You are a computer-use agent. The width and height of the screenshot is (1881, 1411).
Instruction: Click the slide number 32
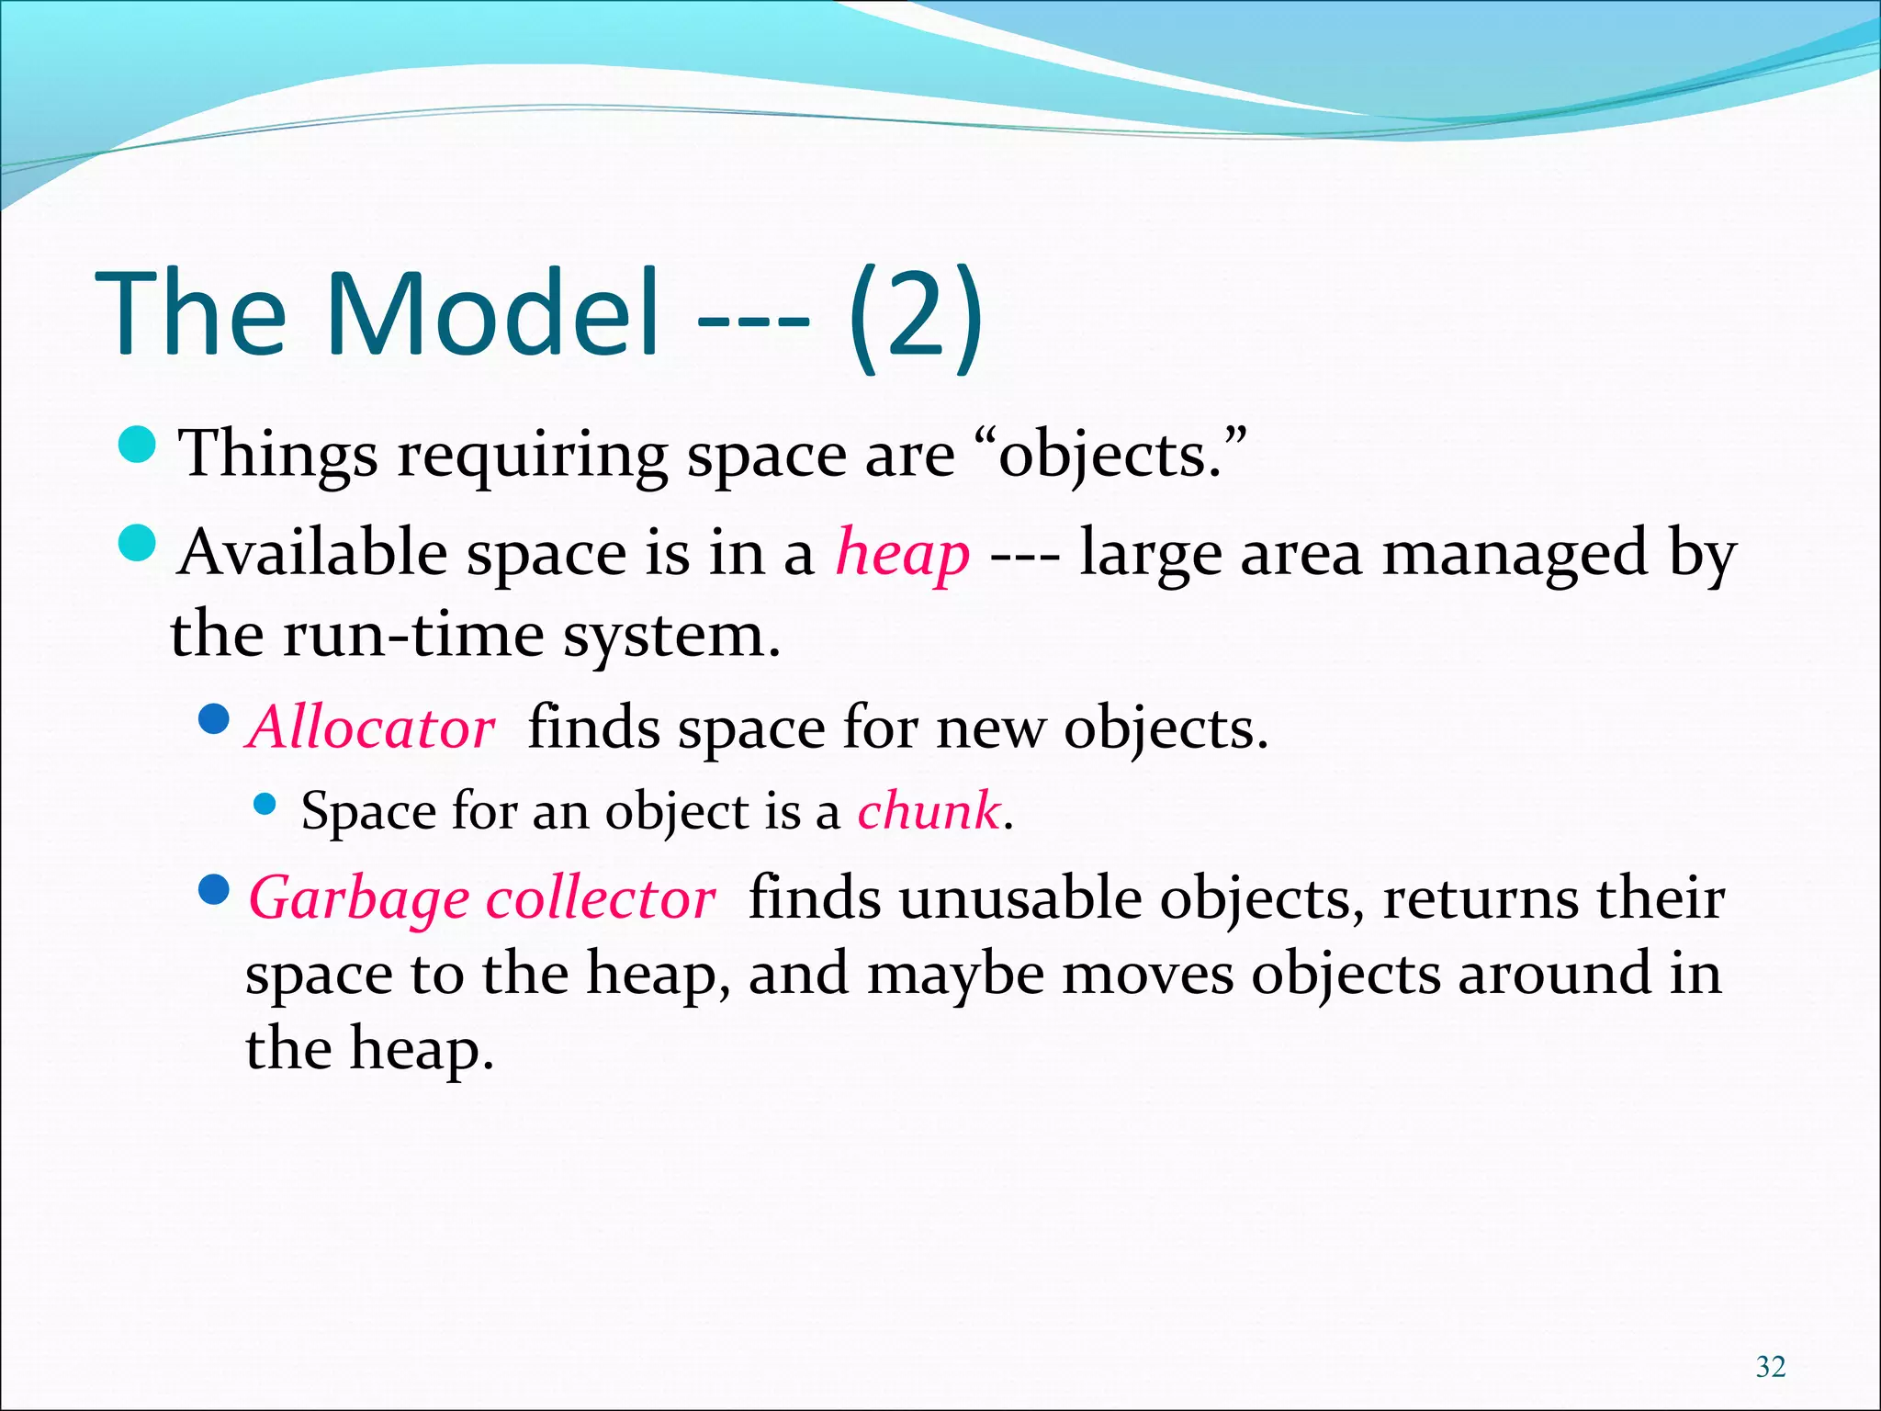click(1770, 1367)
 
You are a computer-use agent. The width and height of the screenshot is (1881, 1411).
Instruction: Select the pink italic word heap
click(902, 555)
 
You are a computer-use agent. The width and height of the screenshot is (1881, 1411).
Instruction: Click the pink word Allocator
click(371, 728)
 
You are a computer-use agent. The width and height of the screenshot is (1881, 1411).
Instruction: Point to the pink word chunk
click(928, 811)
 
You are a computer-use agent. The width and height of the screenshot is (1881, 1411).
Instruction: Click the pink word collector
click(601, 897)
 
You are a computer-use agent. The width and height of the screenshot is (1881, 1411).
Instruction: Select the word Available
click(312, 553)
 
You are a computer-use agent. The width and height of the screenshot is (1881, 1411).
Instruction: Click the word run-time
click(412, 635)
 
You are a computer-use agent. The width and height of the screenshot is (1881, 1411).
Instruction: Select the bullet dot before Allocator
click(213, 718)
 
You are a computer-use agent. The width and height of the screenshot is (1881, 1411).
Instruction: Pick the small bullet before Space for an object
click(265, 805)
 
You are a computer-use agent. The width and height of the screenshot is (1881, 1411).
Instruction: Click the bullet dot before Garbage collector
click(213, 888)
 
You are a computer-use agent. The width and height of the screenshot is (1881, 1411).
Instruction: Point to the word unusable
click(1019, 897)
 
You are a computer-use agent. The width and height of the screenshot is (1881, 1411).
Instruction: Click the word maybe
click(955, 976)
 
